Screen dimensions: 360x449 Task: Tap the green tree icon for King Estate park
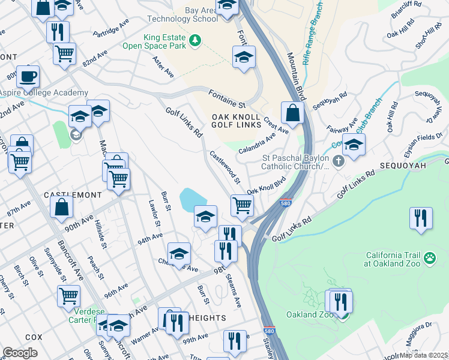[194, 40]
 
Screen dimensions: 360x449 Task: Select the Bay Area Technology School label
[183, 14]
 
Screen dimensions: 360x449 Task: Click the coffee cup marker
[28, 77]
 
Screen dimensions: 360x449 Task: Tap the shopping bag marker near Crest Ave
[292, 112]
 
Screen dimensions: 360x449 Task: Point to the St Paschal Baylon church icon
[339, 160]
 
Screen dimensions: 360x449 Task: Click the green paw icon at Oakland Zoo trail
[430, 257]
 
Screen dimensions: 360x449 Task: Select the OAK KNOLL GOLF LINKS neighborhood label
[236, 120]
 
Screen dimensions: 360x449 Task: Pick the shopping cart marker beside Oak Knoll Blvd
[242, 205]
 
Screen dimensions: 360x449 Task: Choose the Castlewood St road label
[224, 167]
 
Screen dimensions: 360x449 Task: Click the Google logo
[20, 352]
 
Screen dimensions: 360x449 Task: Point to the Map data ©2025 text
[423, 355]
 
